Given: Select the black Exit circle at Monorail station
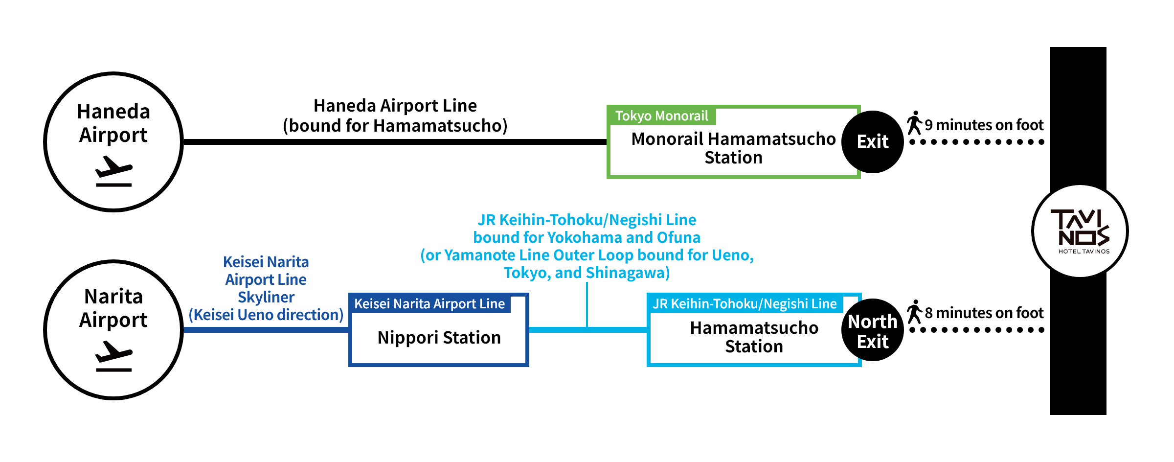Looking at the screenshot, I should (873, 142).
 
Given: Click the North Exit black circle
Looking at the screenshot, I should (873, 331).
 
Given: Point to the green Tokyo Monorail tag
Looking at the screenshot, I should (661, 116).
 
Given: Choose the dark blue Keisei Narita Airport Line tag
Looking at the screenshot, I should (429, 304).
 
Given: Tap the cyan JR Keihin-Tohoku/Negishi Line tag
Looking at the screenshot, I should (745, 304).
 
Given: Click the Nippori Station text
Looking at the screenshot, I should (439, 338).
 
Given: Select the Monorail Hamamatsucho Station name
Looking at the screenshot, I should (733, 148).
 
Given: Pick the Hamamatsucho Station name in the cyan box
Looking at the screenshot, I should (754, 337).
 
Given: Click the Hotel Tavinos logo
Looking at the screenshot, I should (1080, 231).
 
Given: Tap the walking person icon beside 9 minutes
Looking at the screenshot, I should (914, 123).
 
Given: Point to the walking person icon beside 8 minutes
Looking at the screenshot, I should (914, 312).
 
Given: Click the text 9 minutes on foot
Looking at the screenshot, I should (984, 125).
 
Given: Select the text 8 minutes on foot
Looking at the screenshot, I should (984, 313).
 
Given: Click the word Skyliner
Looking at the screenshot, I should (266, 298).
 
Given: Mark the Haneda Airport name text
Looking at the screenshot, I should (113, 123).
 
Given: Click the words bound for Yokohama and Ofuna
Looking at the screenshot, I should (587, 238).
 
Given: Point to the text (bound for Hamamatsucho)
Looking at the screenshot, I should (395, 126).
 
